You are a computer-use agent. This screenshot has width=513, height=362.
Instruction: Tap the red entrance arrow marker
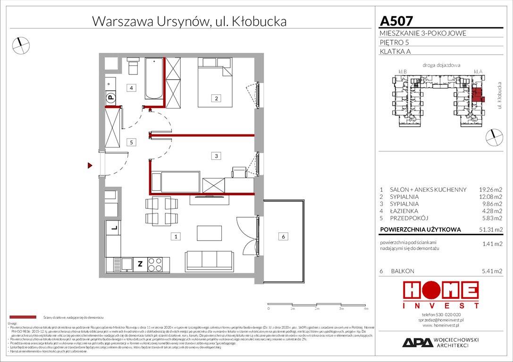point(89,165)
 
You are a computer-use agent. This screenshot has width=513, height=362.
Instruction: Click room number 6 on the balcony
point(283,237)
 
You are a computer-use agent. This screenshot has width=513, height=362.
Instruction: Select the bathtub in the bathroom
point(154,79)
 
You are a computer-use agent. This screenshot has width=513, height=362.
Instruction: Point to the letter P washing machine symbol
point(110,98)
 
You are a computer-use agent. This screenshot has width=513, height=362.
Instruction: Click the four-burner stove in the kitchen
point(155,264)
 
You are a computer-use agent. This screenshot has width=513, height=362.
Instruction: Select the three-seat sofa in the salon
point(210,260)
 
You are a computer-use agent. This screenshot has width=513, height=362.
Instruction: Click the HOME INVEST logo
point(440,295)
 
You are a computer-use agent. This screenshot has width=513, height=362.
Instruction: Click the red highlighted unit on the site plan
point(478,94)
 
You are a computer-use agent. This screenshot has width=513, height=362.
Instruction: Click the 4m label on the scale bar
point(366,309)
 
